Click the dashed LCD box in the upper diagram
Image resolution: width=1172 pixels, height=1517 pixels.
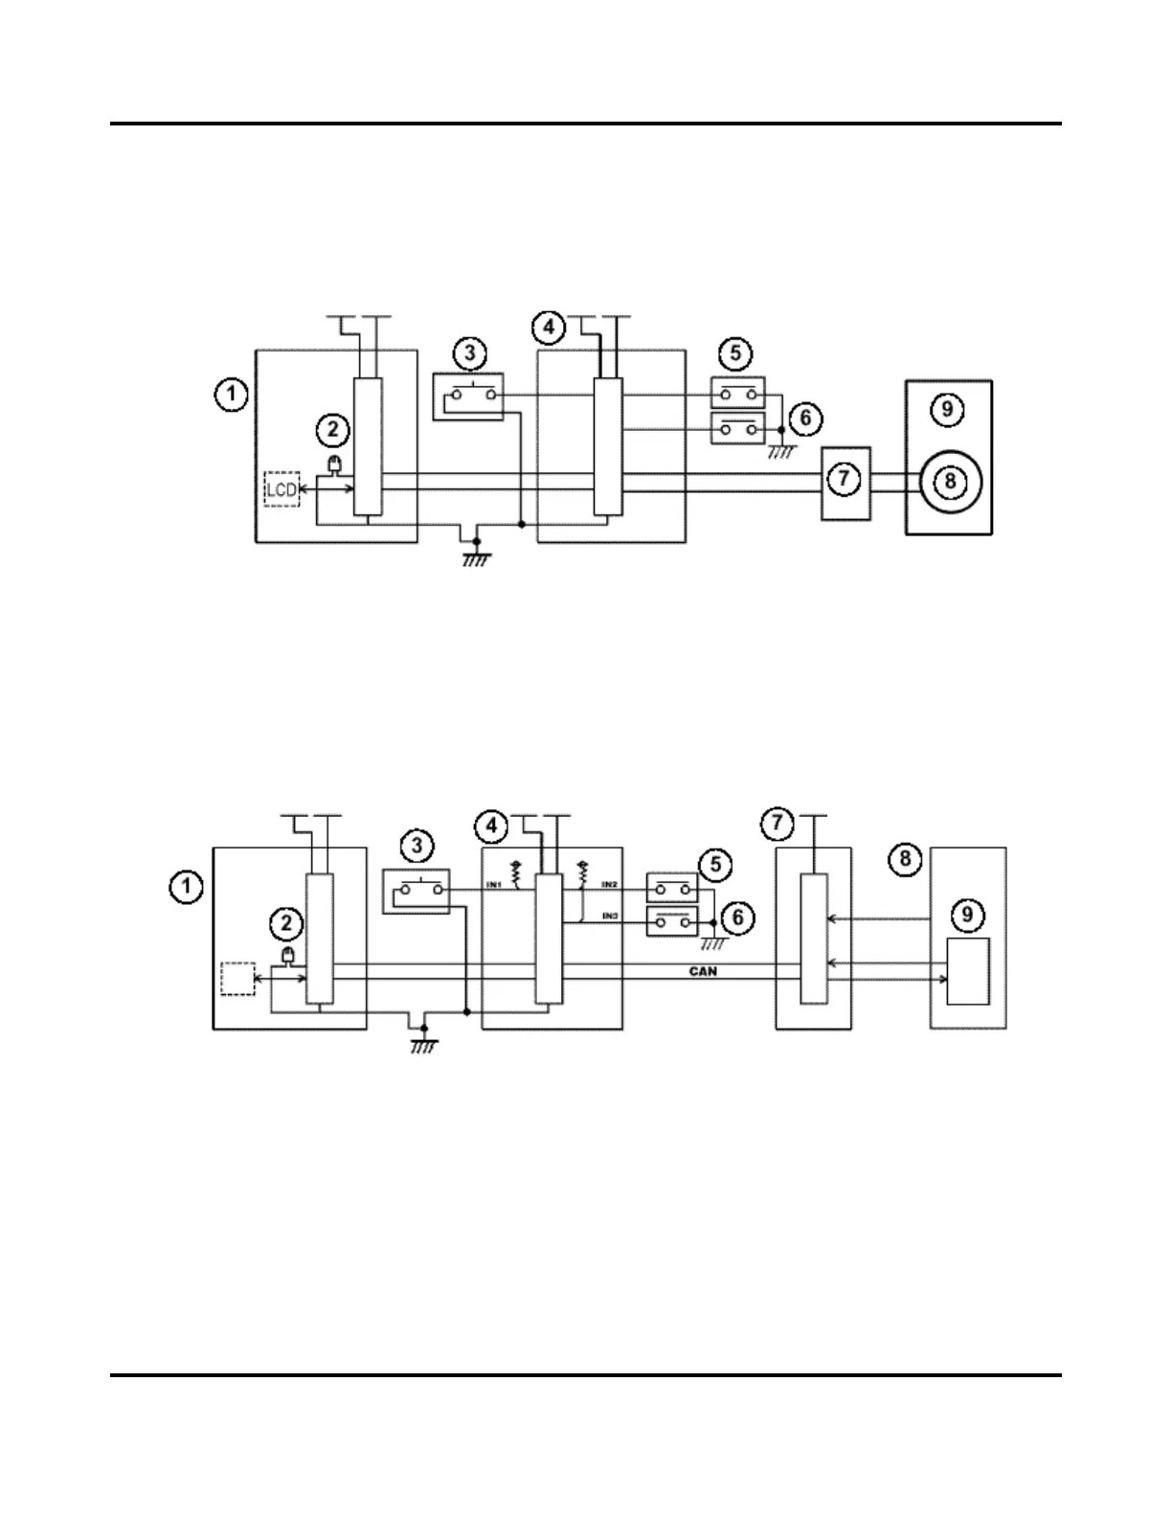[x=282, y=488]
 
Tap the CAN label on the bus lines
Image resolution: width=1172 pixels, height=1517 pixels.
[x=703, y=970]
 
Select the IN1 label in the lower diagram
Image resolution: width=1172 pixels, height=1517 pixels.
[x=494, y=884]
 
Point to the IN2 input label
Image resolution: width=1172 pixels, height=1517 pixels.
[x=609, y=884]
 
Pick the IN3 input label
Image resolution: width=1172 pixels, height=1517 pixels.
[x=609, y=917]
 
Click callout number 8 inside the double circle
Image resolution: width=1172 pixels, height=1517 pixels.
[x=949, y=479]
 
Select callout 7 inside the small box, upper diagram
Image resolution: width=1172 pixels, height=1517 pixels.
[x=844, y=479]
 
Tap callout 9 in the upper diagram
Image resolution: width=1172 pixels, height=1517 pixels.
[x=947, y=410]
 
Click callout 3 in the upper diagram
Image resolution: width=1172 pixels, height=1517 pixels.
[x=469, y=353]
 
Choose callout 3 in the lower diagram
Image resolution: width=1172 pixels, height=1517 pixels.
[x=417, y=846]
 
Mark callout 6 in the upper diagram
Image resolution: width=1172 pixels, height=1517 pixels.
[x=805, y=418]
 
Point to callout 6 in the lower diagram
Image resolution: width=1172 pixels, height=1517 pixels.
[x=737, y=917]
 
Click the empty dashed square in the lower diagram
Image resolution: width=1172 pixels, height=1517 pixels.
[x=237, y=978]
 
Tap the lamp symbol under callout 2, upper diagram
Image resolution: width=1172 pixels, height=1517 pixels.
[x=335, y=464]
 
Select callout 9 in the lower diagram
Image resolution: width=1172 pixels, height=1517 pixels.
[x=967, y=915]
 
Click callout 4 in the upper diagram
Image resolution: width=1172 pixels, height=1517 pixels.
[x=548, y=327]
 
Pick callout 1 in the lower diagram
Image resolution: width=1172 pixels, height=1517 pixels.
[x=186, y=887]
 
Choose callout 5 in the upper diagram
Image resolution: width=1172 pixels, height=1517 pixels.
[x=735, y=353]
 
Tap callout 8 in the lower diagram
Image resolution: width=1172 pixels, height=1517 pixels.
[x=906, y=858]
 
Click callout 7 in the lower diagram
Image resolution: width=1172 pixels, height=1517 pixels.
[x=777, y=822]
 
